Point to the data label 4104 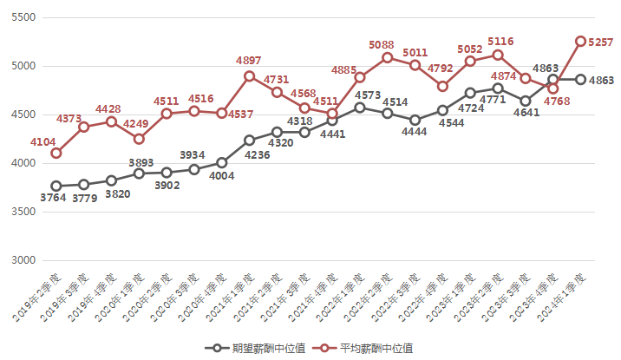coord(44,141)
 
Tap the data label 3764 coord(53,199)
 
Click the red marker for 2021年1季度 coord(249,75)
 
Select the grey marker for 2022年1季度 coord(360,108)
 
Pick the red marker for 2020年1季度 coord(139,139)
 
